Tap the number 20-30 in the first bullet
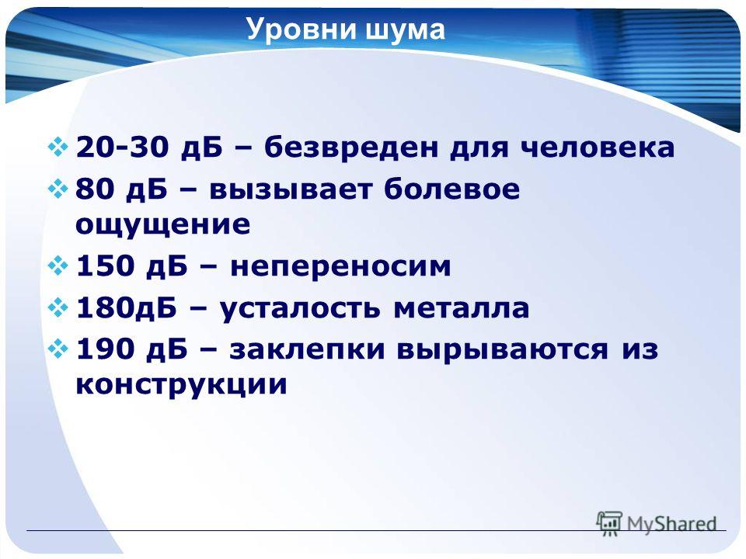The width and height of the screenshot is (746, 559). coord(122,147)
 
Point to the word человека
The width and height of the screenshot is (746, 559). coord(597,148)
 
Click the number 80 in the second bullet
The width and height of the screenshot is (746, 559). coord(95,189)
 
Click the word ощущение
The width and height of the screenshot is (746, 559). coord(162,225)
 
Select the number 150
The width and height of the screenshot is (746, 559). coord(105,266)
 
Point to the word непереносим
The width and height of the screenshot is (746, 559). coord(340,266)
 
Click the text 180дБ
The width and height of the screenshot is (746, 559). coord(126,307)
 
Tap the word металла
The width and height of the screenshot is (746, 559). coord(461,308)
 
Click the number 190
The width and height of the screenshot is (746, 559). coord(105,349)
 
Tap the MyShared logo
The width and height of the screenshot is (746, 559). coord(657,523)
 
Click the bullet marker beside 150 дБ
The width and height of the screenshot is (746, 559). coord(58,266)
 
